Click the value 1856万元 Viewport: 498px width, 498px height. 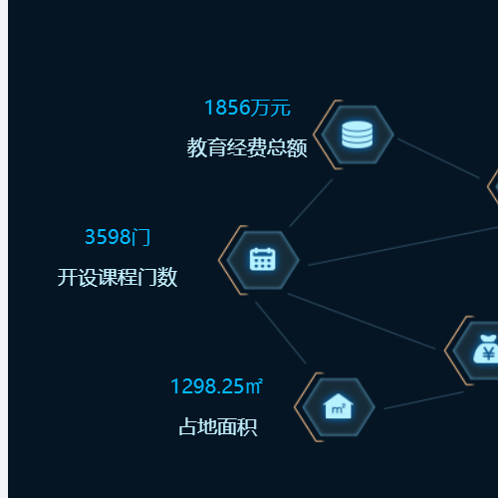248,108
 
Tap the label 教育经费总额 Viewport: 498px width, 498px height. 247,147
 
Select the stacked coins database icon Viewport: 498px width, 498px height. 358,134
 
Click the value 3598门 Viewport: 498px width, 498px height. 118,237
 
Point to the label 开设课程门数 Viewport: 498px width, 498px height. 118,277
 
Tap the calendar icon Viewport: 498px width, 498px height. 263,259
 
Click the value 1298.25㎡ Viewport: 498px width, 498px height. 216,386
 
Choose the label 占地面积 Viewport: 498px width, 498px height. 218,426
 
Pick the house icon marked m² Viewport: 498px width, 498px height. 339,406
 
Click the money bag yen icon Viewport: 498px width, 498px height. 486,349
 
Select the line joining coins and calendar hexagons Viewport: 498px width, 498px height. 311,203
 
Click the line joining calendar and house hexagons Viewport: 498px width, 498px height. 281,333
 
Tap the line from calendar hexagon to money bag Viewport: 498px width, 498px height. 362,321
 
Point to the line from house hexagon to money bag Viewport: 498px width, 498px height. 423,400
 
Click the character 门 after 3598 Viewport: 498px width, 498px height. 140,237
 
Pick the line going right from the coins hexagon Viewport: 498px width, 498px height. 438,158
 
